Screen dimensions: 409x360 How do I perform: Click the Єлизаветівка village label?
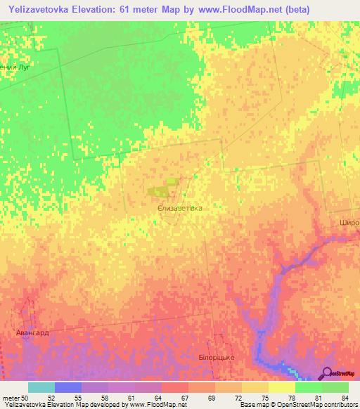click(181, 209)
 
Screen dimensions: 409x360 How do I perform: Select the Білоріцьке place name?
click(212, 358)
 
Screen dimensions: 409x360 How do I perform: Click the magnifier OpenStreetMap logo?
click(328, 372)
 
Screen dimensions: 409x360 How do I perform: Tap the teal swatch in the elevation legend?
click(41, 387)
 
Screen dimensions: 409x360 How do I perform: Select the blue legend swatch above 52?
click(68, 387)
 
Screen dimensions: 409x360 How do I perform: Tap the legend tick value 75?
click(265, 398)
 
